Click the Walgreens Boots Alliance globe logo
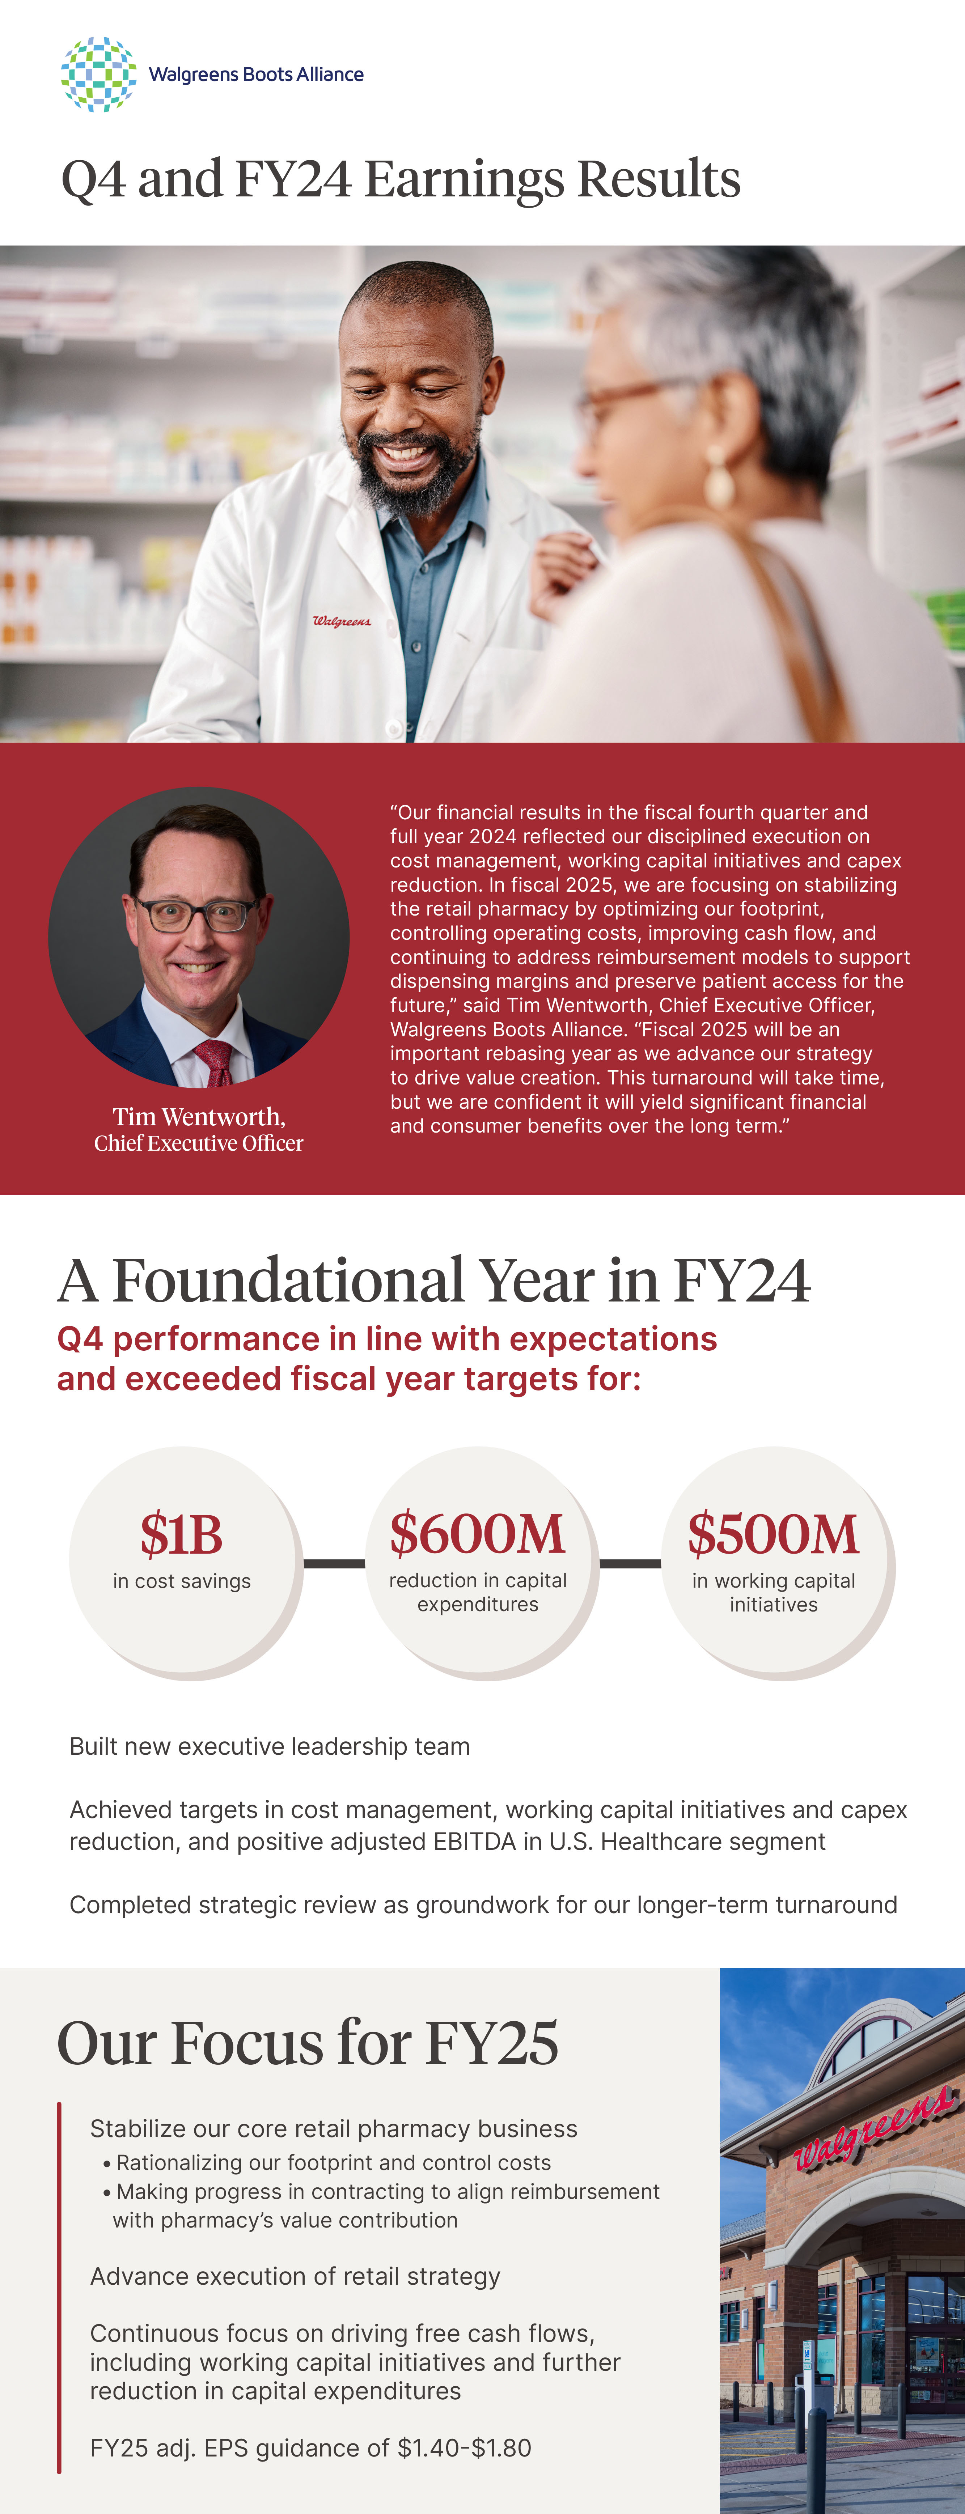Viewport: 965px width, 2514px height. [x=98, y=74]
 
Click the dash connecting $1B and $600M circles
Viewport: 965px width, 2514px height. [x=334, y=1563]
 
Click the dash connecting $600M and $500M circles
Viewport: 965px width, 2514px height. [x=630, y=1563]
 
